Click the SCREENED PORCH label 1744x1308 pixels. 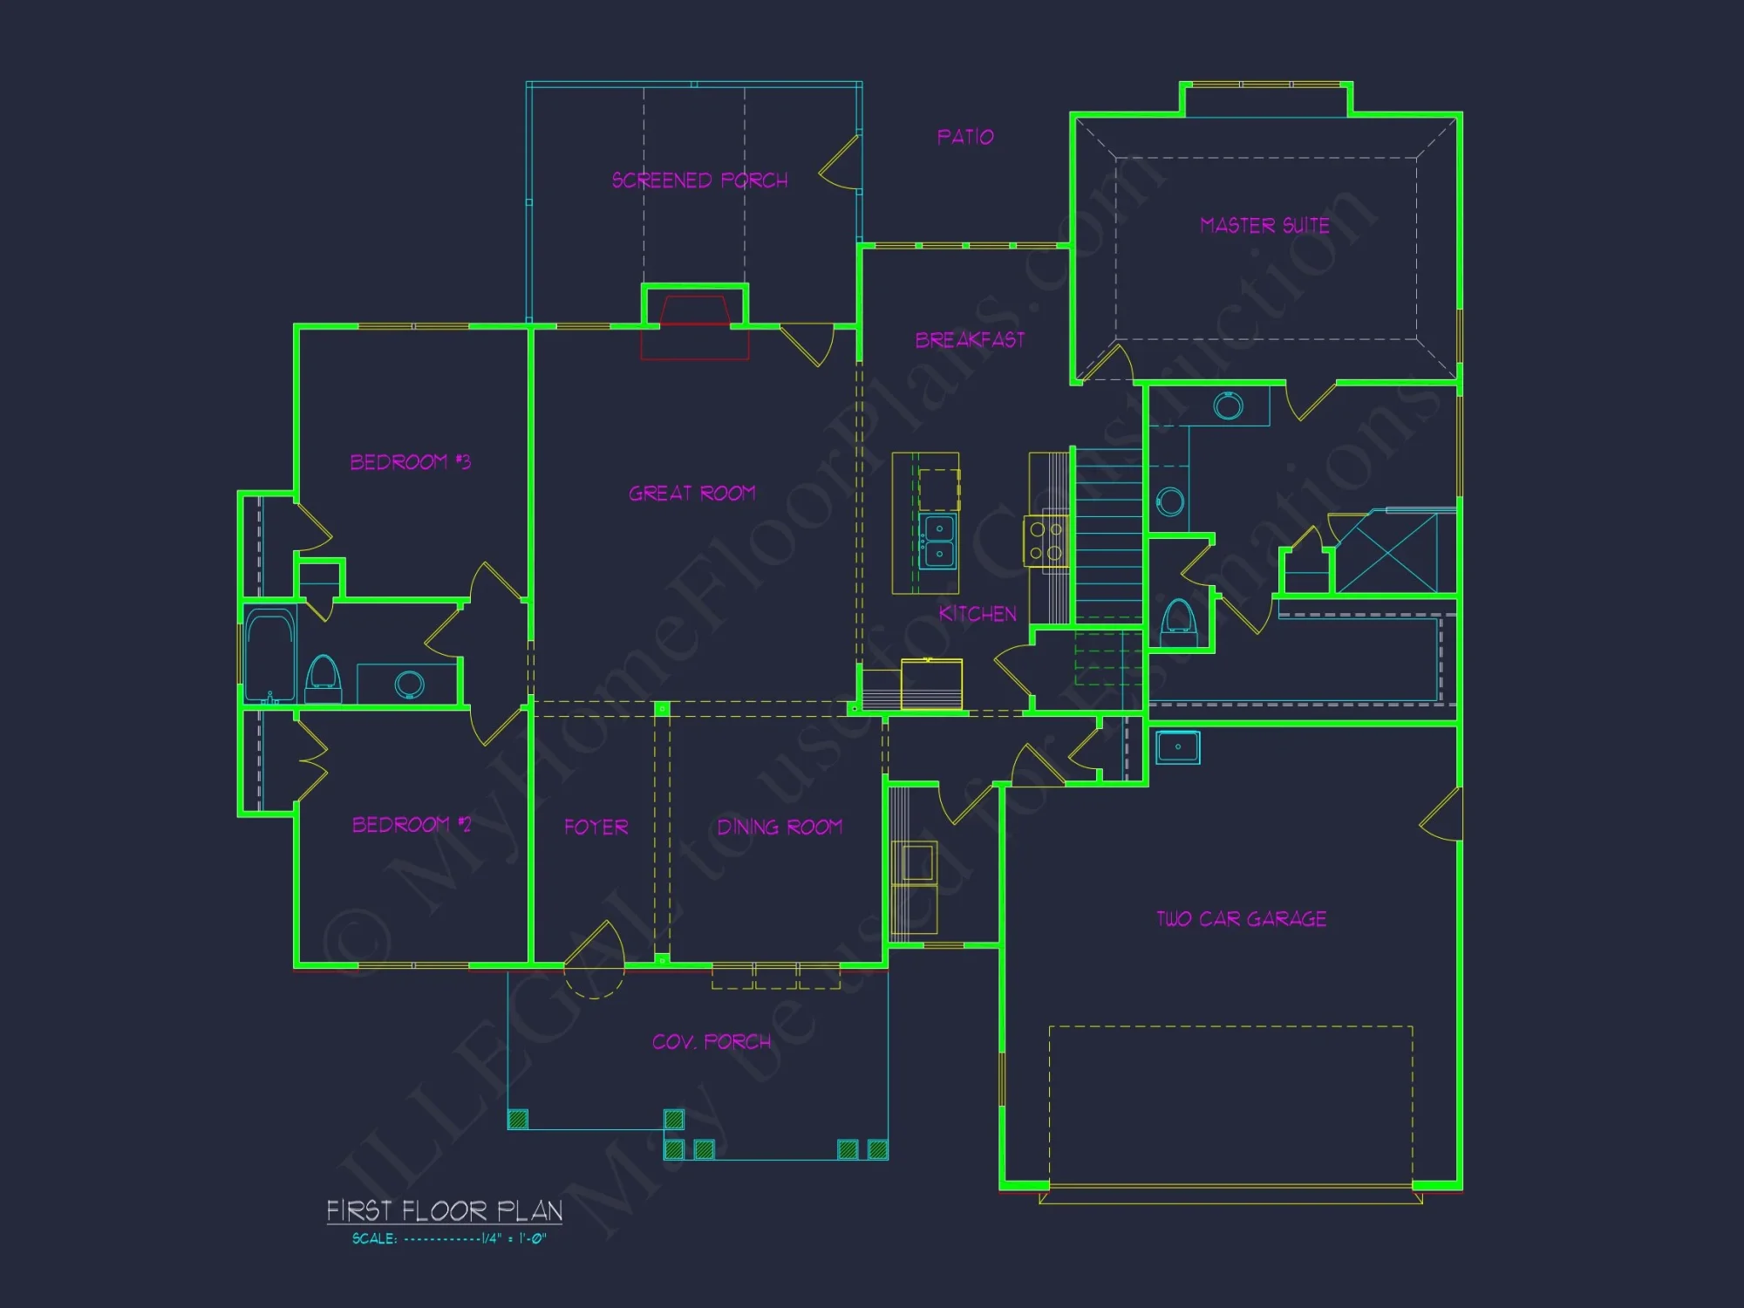tap(699, 181)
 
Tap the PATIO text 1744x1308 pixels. tap(965, 137)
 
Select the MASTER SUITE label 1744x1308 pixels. tap(1264, 226)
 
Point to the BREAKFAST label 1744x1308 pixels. tap(970, 340)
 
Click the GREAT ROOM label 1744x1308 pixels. tap(692, 494)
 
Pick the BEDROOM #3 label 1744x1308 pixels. tap(410, 462)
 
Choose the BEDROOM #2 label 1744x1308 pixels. tap(412, 825)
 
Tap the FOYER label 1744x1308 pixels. tap(596, 827)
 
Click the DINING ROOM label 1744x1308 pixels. tap(780, 827)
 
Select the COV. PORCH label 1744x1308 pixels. tap(712, 1042)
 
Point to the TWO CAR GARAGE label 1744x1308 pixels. tap(1242, 919)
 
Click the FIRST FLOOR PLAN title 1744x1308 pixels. tap(444, 1211)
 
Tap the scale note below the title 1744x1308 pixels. tap(449, 1238)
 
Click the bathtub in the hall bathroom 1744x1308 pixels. tap(270, 654)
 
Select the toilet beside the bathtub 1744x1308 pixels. tap(324, 678)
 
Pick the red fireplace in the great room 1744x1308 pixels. tap(695, 327)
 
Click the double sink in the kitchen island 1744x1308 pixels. tap(939, 541)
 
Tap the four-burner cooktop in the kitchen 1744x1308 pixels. tap(1046, 541)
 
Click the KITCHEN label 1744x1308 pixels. tap(978, 614)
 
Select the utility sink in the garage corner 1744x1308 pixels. tap(1177, 747)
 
